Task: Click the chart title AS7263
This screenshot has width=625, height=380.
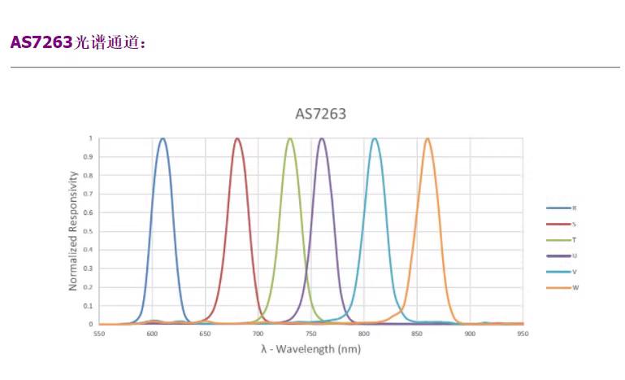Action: click(320, 114)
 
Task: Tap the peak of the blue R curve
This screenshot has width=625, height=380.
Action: click(163, 138)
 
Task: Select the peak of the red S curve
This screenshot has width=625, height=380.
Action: click(237, 138)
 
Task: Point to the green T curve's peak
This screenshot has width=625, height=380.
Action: click(290, 138)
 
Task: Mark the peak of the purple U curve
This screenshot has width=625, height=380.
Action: click(322, 138)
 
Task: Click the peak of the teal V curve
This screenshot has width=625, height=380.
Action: click(375, 138)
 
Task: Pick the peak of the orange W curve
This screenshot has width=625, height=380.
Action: click(428, 138)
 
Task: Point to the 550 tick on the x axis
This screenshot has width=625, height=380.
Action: click(99, 334)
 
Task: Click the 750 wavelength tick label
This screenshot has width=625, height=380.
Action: click(311, 334)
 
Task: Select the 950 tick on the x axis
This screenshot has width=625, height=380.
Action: click(523, 334)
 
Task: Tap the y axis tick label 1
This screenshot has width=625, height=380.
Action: click(90, 138)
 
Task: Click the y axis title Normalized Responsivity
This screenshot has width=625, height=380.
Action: click(73, 230)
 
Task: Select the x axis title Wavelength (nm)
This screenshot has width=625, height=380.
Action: click(310, 349)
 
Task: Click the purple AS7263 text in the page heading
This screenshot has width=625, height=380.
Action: click(41, 42)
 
